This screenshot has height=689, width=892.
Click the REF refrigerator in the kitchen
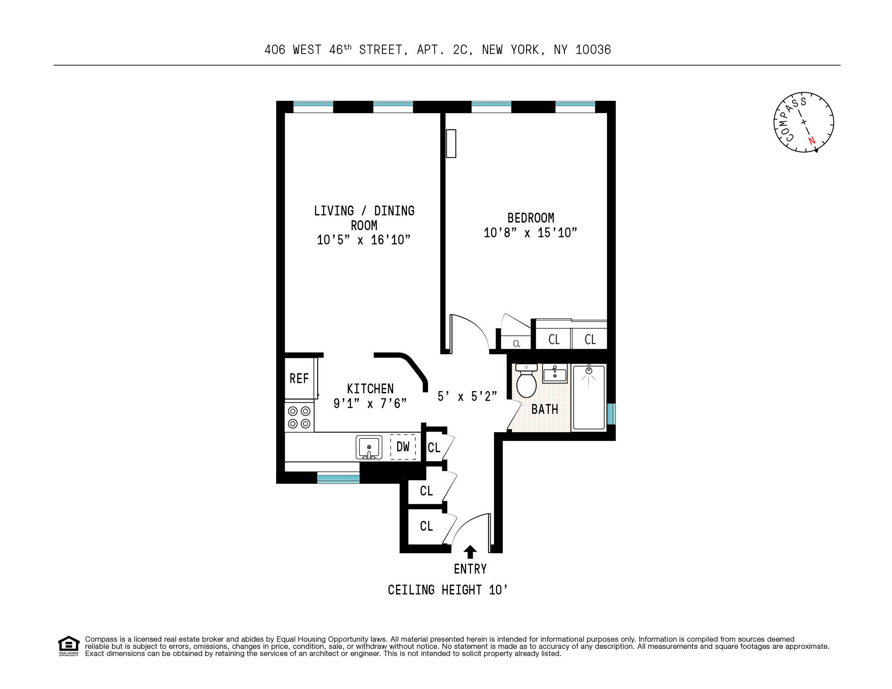pos(300,378)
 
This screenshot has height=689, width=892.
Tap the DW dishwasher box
pos(403,447)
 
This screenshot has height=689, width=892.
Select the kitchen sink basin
pos(369,447)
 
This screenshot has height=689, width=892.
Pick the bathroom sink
pos(555,373)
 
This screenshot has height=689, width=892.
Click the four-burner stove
pos(299,417)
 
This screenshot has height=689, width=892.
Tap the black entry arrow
pos(470,552)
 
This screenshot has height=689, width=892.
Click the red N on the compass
pos(812,141)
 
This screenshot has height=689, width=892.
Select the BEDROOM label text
pos(531,218)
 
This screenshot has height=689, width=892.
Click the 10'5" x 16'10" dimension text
pos(363,240)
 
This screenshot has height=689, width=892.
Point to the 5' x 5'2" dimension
pos(467,396)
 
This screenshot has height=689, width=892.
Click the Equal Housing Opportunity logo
pos(68,646)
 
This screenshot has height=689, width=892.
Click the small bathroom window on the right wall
pos(611,414)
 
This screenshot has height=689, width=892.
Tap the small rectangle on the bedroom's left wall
pos(451,143)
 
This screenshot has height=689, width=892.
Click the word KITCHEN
pos(370,389)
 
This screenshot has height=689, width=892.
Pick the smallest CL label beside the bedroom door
pos(517,343)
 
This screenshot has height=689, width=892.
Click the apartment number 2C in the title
pos(460,50)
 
